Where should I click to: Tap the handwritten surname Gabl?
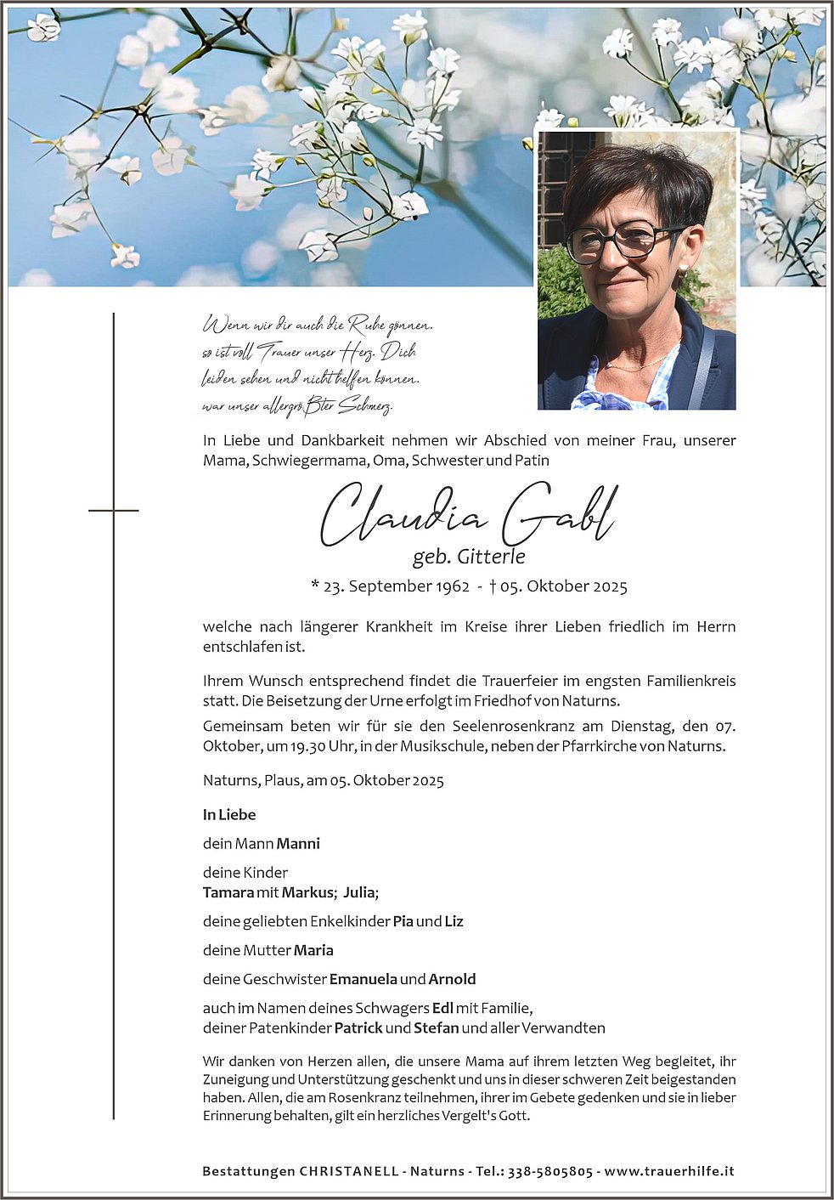(x=558, y=515)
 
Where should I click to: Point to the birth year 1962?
(x=453, y=586)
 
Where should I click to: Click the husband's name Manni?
(x=298, y=844)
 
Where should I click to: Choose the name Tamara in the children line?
(x=228, y=892)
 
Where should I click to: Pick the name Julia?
(x=360, y=892)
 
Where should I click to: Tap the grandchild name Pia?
(x=403, y=921)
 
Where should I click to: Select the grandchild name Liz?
(x=454, y=921)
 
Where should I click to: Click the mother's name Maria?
(x=313, y=950)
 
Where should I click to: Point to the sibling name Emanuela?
(x=363, y=979)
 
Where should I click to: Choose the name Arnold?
(x=452, y=979)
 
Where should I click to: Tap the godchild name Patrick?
(x=358, y=1028)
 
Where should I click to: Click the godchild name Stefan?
(x=436, y=1028)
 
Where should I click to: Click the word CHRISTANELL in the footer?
(x=349, y=1171)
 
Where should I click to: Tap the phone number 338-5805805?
(x=550, y=1171)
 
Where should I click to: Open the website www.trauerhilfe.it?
(x=668, y=1171)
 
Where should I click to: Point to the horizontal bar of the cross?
(x=113, y=510)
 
